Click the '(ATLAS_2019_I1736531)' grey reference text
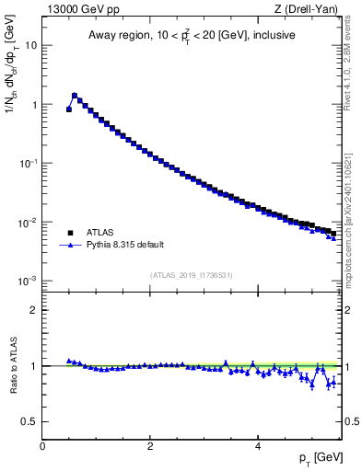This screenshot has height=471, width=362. pos(191,275)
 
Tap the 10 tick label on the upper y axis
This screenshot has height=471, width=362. pos(30,45)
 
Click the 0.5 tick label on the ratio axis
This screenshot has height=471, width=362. pos(29,421)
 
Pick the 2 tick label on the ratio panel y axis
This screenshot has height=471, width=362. pos(33,310)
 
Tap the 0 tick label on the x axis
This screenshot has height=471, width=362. pos(42,445)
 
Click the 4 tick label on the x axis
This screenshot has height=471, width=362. pos(257,445)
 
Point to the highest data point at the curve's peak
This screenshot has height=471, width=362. pos(75,95)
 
